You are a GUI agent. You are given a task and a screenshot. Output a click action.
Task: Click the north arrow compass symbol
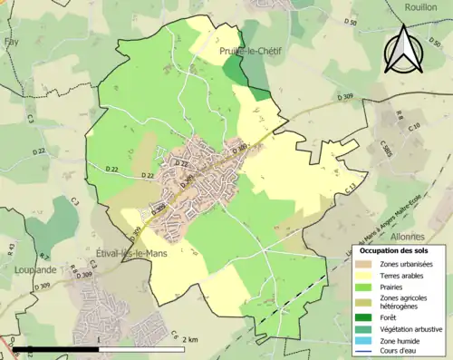tap(404, 49)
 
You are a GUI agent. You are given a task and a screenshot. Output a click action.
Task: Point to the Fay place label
tap(11, 42)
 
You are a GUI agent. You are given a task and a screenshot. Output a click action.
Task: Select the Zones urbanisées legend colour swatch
tap(365, 263)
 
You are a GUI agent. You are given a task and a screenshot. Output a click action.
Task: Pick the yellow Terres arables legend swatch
tap(365, 274)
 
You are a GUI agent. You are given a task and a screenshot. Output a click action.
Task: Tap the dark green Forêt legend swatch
tap(365, 317)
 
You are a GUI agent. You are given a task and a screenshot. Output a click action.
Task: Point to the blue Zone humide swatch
tap(365, 339)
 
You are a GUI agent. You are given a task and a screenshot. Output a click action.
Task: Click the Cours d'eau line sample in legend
tap(365, 350)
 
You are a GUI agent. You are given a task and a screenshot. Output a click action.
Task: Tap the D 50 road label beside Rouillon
tap(352, 23)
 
